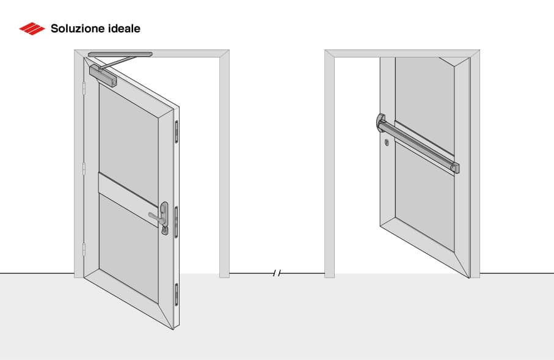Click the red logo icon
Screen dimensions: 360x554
pos(32,28)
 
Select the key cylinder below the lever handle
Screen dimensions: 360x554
pos(165,230)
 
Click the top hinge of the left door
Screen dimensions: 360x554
pos(84,89)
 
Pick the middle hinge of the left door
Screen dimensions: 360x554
pos(84,169)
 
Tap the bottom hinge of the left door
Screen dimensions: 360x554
pos(84,249)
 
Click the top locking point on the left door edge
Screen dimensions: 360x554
pos(177,130)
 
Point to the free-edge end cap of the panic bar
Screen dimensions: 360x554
pos(454,167)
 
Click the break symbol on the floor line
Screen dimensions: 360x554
pos(277,273)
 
